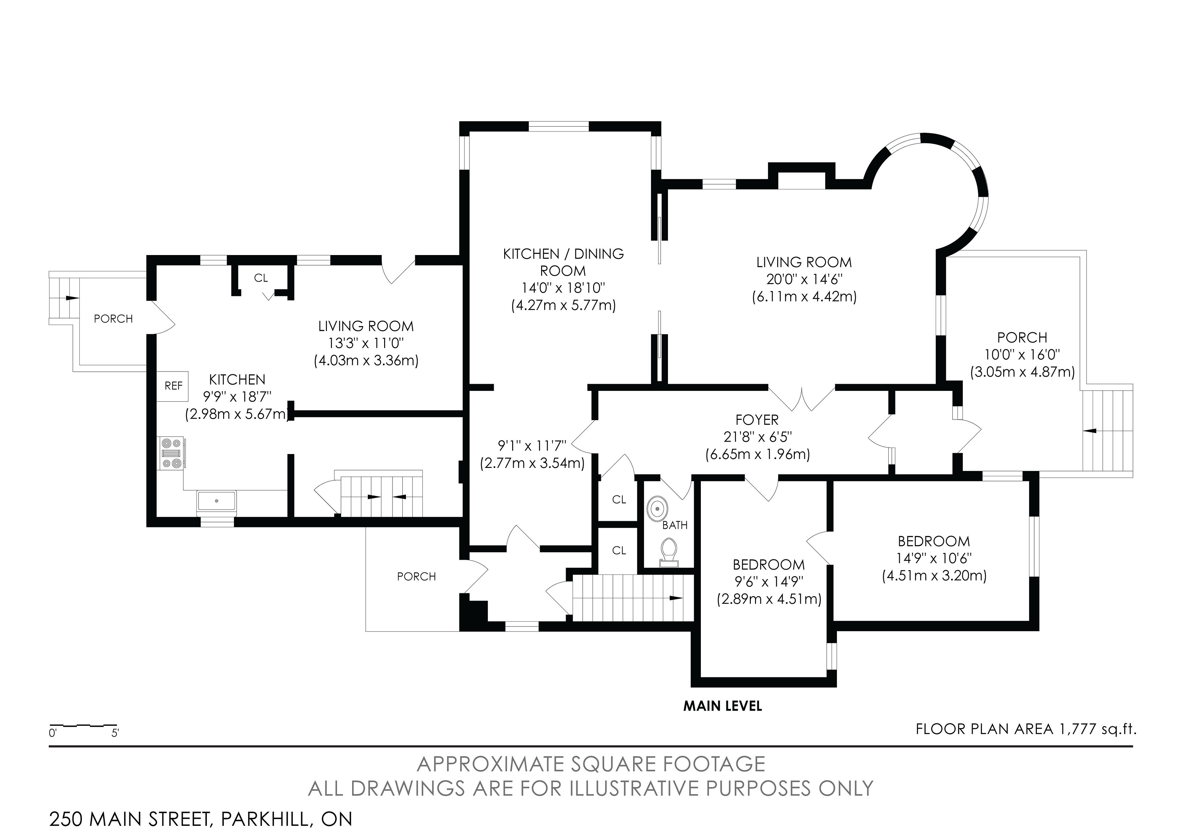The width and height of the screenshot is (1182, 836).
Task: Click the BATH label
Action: coord(674,526)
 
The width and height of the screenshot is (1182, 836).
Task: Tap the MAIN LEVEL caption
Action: coord(722,706)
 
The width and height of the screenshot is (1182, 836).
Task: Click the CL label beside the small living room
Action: coord(261,278)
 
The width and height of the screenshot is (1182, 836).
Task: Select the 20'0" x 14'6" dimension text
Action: coord(804,279)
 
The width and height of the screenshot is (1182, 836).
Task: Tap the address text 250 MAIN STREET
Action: coord(130,819)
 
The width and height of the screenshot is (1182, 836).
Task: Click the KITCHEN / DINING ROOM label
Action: coord(563,262)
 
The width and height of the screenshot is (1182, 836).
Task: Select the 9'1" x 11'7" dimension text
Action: coord(532,445)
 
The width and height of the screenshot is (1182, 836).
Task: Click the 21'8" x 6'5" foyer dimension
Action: coord(757,437)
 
